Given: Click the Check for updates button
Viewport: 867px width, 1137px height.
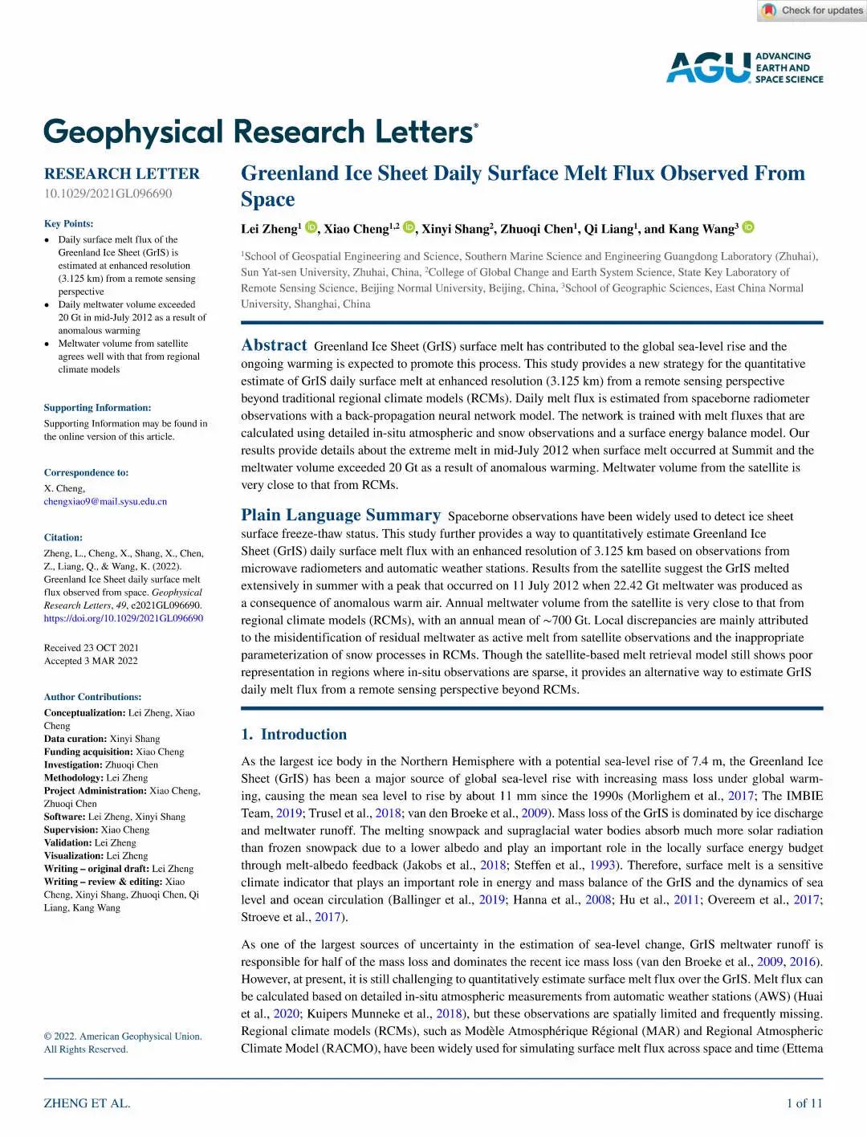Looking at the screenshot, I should point(812,10).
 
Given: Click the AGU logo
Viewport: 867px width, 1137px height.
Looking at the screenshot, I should point(744,67).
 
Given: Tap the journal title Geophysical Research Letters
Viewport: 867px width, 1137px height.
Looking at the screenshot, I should point(260,132).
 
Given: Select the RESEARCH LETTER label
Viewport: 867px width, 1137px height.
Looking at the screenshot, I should point(122,173).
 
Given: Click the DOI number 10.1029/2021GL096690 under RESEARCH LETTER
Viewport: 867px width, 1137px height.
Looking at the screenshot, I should point(108,194).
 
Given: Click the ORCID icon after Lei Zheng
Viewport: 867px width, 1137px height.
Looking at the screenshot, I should point(311,228).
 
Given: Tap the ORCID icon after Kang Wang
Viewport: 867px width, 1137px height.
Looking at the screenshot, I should point(748,228).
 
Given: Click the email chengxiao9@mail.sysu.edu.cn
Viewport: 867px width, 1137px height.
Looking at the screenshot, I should point(105,501).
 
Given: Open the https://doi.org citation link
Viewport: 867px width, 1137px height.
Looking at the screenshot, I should point(124,618).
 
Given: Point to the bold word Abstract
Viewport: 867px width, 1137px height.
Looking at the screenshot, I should point(274,345).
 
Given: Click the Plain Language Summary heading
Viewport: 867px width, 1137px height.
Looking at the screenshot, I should point(340,515).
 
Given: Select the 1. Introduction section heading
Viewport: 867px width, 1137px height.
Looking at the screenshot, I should point(294,734).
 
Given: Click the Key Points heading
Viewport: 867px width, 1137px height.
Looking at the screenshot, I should point(68,223).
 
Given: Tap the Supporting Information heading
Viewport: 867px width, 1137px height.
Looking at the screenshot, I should point(97,408).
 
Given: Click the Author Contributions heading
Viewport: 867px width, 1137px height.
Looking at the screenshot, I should point(92,697).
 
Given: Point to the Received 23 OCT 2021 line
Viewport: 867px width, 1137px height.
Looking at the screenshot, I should point(91,648).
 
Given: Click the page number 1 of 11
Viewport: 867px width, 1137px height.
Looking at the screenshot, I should point(804,1103).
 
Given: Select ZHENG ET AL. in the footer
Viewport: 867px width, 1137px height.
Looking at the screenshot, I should point(87,1103).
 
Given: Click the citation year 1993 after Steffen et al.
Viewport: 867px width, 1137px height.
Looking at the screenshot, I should point(602,865).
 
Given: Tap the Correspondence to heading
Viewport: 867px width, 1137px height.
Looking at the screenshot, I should point(86,473).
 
